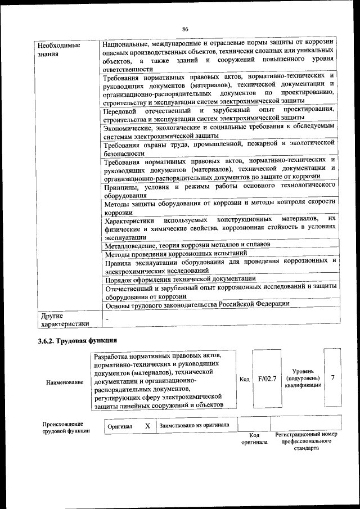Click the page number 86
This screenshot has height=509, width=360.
185,29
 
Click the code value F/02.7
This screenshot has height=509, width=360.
267,379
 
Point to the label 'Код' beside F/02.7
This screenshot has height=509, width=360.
244,379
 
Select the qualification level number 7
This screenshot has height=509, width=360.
332,378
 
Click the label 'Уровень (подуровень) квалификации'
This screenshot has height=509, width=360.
303,378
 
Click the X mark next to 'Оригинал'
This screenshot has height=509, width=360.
147,426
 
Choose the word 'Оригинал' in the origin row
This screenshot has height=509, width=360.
120,426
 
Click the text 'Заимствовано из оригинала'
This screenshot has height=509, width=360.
194,425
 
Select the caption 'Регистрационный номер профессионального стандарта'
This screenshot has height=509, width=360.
306,442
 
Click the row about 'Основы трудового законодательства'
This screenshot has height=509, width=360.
197,304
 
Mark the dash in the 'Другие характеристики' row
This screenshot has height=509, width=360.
107,319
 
